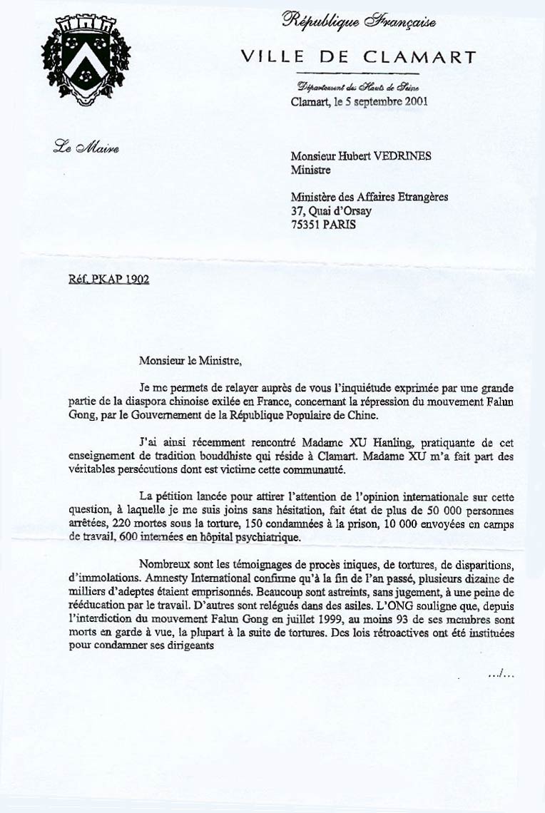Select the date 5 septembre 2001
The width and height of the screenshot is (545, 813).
click(x=390, y=101)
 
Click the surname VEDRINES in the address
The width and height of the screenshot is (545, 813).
click(x=407, y=158)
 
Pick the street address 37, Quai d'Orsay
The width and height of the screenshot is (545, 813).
click(x=332, y=210)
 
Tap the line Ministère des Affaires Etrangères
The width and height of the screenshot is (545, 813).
click(x=370, y=197)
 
